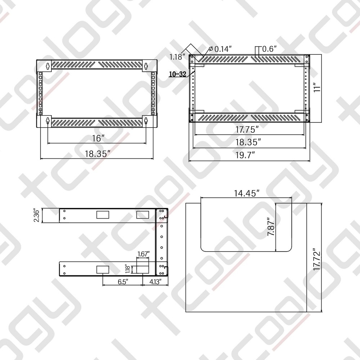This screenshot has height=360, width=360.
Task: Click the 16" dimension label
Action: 97,138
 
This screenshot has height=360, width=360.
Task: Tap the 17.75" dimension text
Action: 247,129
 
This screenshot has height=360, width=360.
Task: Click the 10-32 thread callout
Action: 177,75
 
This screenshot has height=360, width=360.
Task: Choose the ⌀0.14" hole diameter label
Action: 220,49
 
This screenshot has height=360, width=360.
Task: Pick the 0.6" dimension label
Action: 269,49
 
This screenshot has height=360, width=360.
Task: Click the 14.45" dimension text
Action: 247,193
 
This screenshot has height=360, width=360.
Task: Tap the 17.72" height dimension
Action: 316,259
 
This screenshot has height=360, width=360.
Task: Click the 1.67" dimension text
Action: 143,254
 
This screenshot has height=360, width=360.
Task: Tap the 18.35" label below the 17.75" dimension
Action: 248,142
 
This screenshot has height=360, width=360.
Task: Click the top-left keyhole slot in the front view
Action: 48,66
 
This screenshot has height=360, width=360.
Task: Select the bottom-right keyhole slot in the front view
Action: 147,122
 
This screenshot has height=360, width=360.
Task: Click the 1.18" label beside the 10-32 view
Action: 177,56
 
